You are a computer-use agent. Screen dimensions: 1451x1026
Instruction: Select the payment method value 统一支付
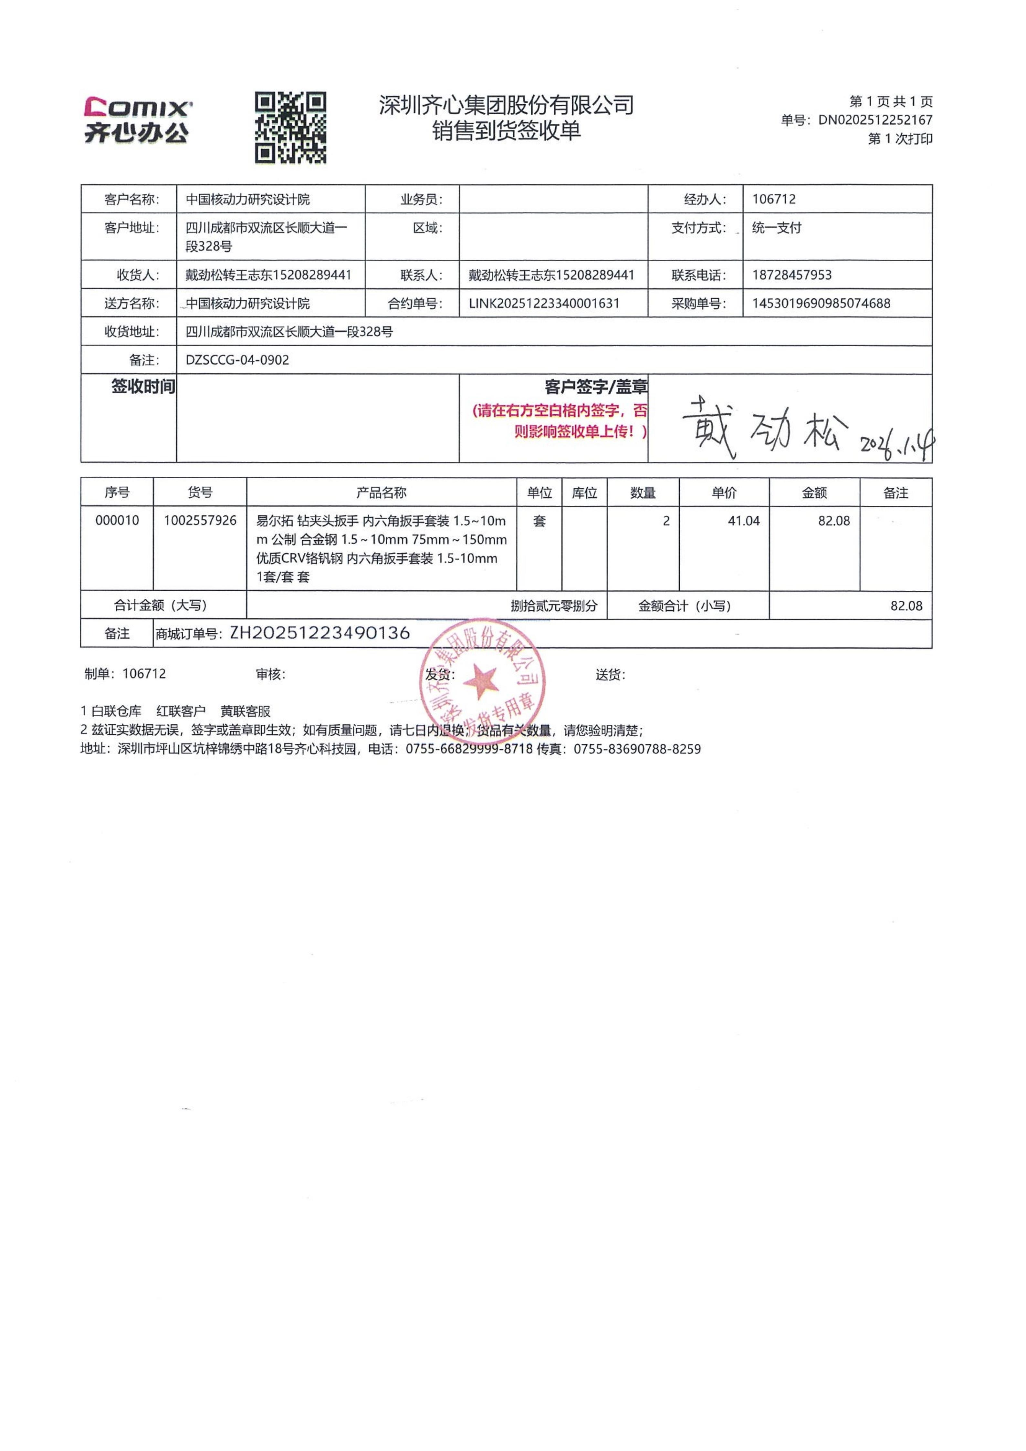[776, 228]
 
